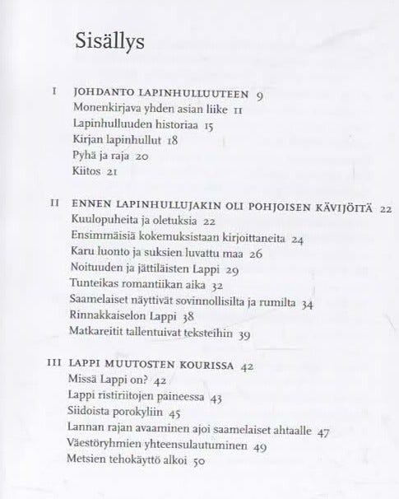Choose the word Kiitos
(86, 172)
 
